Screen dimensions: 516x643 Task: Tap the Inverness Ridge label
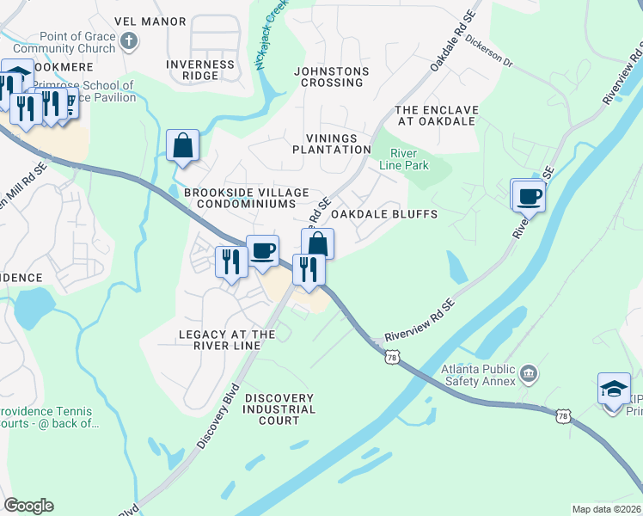coord(199,70)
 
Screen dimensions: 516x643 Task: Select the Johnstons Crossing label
coord(331,77)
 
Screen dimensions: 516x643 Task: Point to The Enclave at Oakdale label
coord(435,115)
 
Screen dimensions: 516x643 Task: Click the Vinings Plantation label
coord(338,143)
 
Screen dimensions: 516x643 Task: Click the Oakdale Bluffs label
coord(384,213)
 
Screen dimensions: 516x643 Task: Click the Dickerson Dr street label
coord(488,51)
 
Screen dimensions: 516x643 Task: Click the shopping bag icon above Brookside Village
coord(183,146)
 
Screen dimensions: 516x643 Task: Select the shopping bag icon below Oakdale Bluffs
coord(317,243)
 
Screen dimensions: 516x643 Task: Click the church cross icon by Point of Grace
coord(128,41)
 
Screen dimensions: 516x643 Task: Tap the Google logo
coord(28,506)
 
